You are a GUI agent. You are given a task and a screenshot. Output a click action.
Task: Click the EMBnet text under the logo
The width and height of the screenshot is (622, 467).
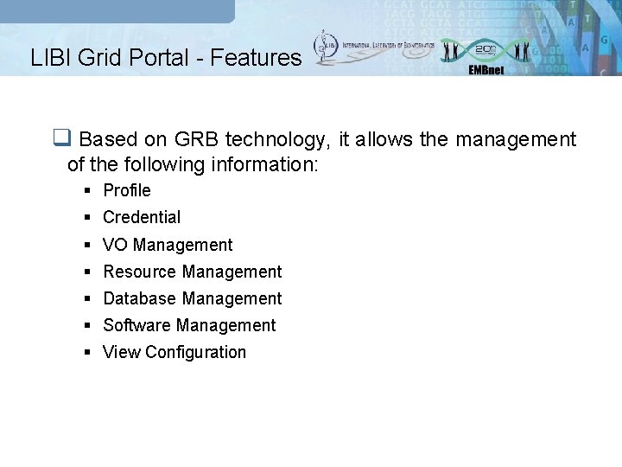pos(486,70)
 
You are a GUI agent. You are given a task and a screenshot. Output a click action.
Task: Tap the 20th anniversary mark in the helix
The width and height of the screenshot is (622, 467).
pos(486,48)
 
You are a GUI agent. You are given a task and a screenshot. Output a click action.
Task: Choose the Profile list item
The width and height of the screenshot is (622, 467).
pos(126,190)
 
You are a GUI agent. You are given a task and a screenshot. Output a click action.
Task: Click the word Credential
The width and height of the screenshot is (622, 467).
pos(142,217)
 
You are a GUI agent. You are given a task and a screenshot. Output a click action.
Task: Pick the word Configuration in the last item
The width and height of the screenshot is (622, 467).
pos(196,352)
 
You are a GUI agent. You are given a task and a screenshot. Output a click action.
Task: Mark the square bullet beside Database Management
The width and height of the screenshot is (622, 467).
pos(89,299)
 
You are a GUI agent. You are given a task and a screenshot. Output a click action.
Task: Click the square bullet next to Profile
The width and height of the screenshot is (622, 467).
pos(89,191)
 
